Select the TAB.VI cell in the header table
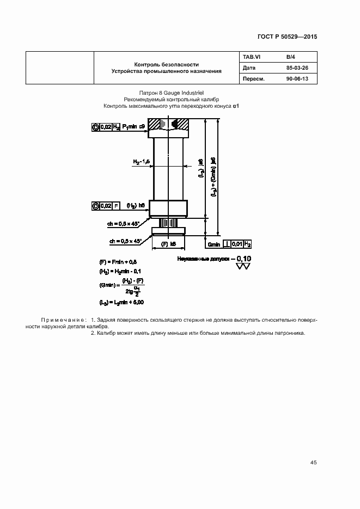(x=252, y=57)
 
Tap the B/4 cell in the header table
(x=290, y=57)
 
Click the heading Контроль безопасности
(x=167, y=64)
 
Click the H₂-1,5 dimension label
(x=142, y=162)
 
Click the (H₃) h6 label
(x=135, y=205)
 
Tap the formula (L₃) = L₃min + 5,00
(x=121, y=302)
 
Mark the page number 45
(x=313, y=462)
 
